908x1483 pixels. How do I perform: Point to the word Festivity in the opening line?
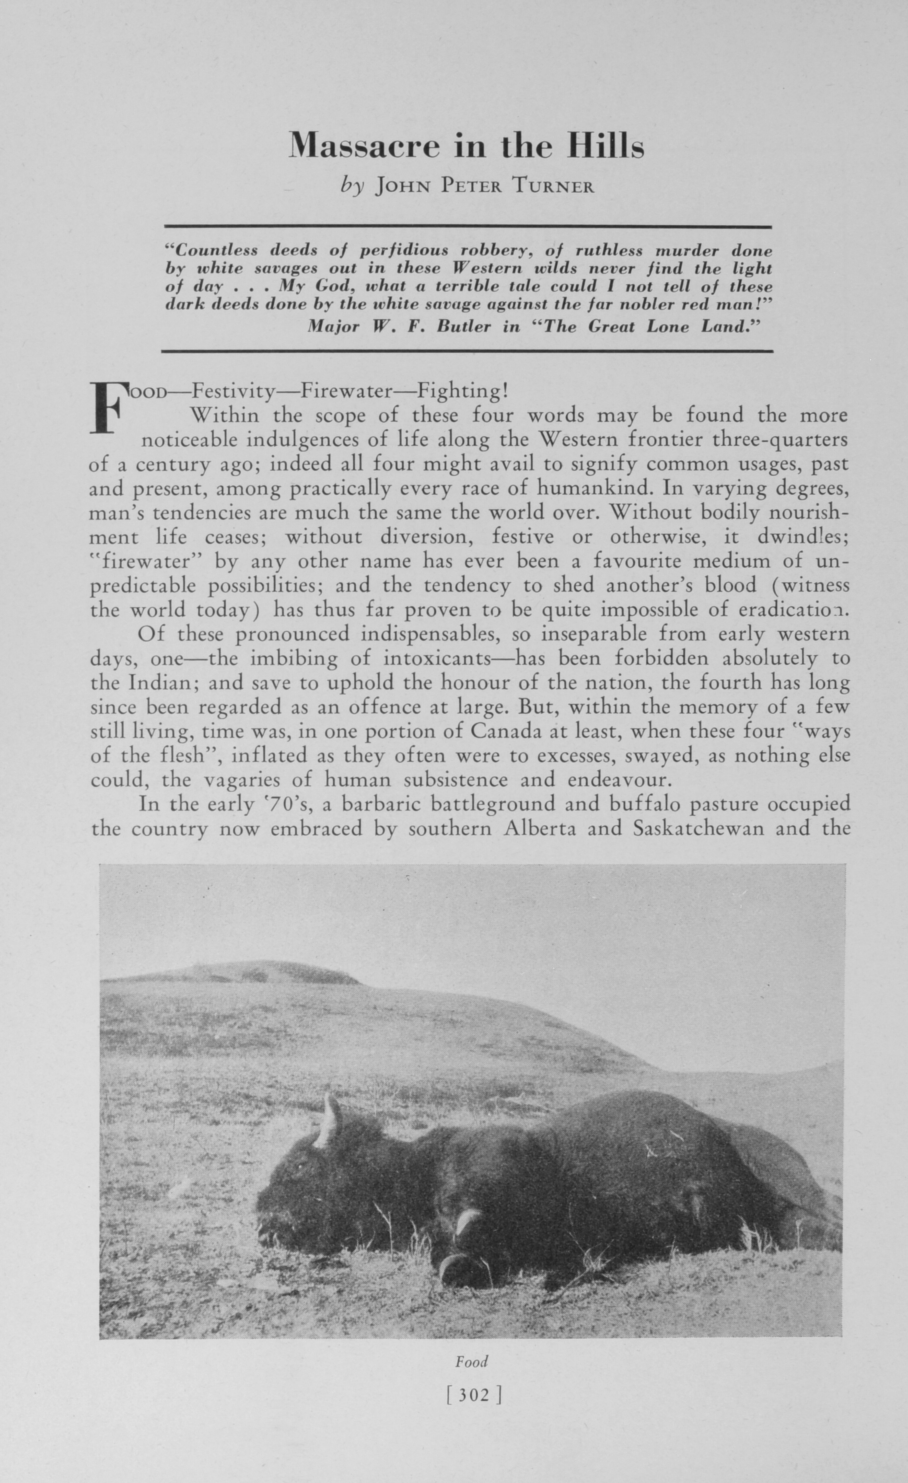[233, 392]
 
